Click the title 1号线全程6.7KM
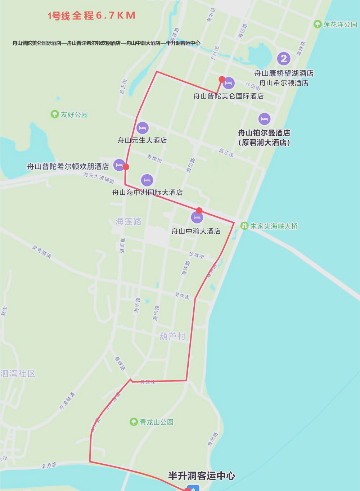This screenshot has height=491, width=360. pyautogui.click(x=91, y=15)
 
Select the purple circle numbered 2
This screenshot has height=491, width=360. pyautogui.click(x=284, y=59)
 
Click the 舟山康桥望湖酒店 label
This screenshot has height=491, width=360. pyautogui.click(x=284, y=73)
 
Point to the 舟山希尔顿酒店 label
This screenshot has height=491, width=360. pyautogui.click(x=284, y=83)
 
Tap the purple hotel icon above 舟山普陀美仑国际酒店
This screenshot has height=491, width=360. pyautogui.click(x=229, y=83)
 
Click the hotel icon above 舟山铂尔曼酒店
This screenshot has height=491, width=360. pyautogui.click(x=264, y=119)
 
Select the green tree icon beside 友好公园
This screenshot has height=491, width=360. pyautogui.click(x=55, y=114)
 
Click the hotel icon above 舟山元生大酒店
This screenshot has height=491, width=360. pyautogui.click(x=143, y=128)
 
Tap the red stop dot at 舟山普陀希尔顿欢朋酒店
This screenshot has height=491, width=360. pyautogui.click(x=126, y=167)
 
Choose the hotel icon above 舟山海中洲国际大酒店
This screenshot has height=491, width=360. pyautogui.click(x=147, y=180)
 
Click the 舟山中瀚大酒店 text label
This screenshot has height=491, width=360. pyautogui.click(x=196, y=231)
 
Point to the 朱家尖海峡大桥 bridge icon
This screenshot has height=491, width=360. pyautogui.click(x=244, y=226)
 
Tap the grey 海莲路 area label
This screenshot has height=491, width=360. pyautogui.click(x=129, y=221)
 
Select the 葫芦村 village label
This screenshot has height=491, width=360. pyautogui.click(x=172, y=336)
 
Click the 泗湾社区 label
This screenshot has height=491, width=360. pyautogui.click(x=18, y=374)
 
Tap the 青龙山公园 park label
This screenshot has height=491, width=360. pyautogui.click(x=156, y=422)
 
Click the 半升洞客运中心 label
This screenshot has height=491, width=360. pyautogui.click(x=202, y=476)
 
